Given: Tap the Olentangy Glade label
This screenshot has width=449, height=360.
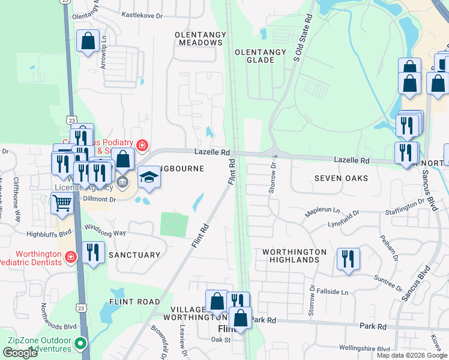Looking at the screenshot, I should click(x=261, y=56).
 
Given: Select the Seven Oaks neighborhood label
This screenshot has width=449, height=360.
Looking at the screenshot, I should click(x=341, y=178).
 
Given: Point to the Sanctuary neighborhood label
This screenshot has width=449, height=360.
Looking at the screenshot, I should click(x=134, y=255).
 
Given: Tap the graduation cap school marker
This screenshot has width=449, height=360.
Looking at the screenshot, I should click(x=149, y=177).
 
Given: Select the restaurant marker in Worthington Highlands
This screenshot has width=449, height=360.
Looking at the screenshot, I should click(x=348, y=259).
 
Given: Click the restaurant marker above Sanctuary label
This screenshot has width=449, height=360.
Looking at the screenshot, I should click(x=92, y=252).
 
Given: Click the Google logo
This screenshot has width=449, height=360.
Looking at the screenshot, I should click(x=20, y=352).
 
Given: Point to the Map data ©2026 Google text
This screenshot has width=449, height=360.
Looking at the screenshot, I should click(x=412, y=355).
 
